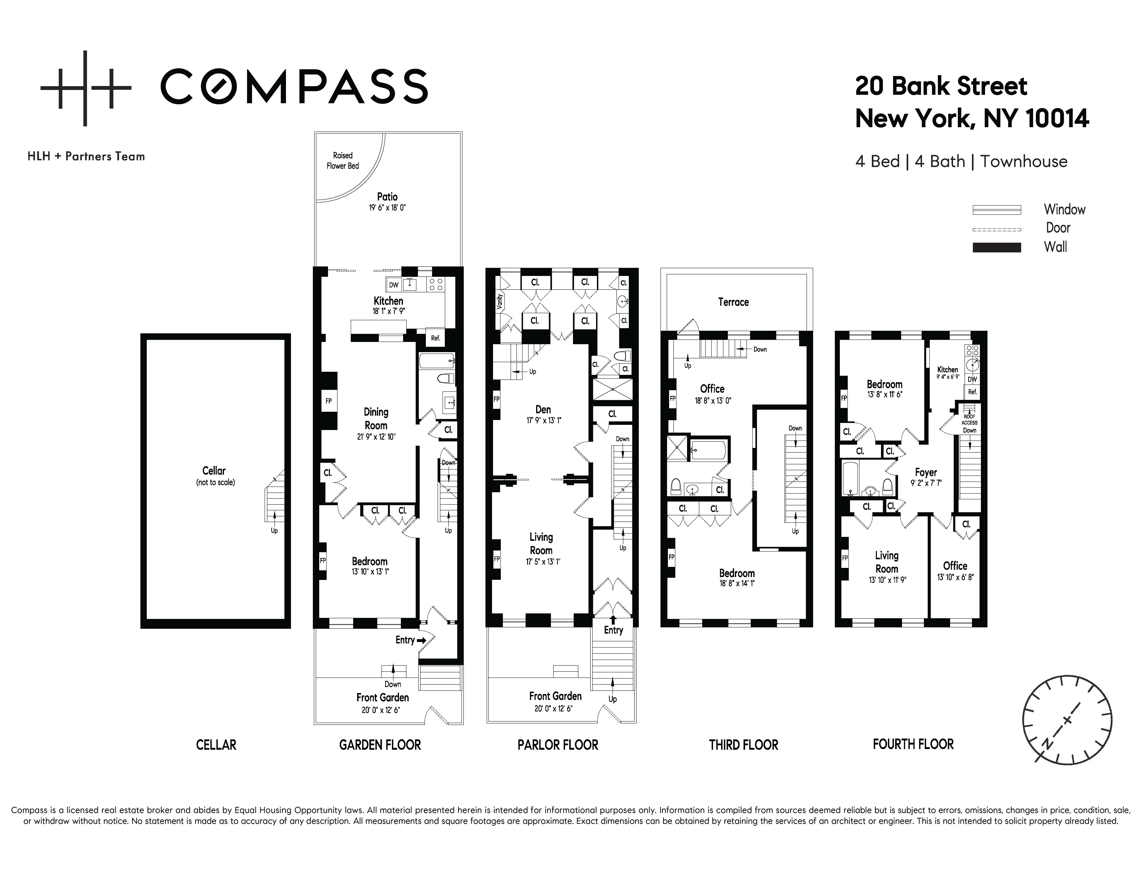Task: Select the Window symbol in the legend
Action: [996, 210]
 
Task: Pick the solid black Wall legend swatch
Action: [996, 247]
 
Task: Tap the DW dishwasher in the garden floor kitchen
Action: [394, 285]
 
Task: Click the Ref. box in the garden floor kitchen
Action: [435, 337]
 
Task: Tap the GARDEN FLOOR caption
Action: [380, 745]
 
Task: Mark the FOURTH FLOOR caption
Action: [913, 744]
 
